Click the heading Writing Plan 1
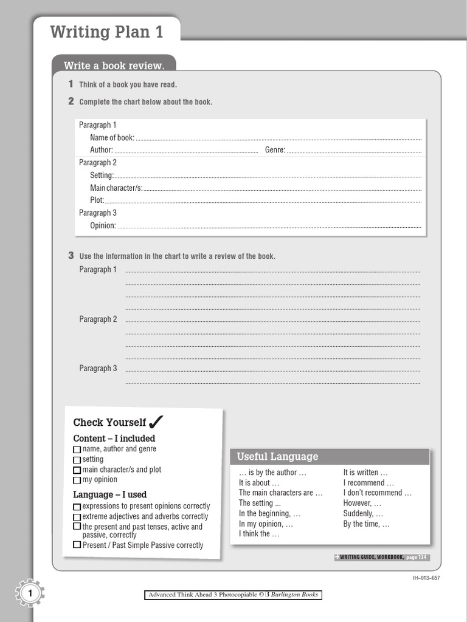(106, 32)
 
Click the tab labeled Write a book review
(114, 66)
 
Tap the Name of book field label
(112, 138)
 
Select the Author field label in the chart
(102, 150)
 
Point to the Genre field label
(275, 150)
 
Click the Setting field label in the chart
(102, 176)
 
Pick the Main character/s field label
(116, 188)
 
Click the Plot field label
(97, 200)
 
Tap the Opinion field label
(103, 226)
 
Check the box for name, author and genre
(77, 449)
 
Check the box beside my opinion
(77, 480)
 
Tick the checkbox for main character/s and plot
(77, 470)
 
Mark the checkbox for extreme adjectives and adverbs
(77, 517)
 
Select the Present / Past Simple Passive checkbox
(77, 545)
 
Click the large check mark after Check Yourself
(156, 422)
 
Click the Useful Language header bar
(330, 457)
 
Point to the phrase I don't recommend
(377, 493)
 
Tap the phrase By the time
(366, 524)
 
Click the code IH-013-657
(426, 578)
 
